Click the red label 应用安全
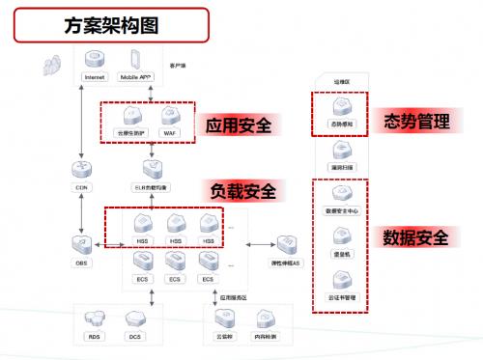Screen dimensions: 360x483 238,126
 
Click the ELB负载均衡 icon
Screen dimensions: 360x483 151,170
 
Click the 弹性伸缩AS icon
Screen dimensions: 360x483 287,244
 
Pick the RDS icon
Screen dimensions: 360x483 95,319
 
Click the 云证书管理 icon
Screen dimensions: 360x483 341,281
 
